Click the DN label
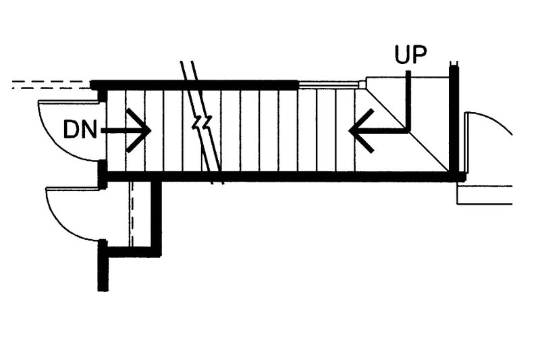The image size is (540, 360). click(x=80, y=130)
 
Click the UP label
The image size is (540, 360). click(x=411, y=54)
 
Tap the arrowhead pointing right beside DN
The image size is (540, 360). click(x=139, y=130)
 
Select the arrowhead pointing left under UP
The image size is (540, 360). click(x=361, y=130)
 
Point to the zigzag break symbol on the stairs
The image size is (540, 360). click(x=202, y=123)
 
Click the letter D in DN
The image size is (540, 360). click(x=71, y=130)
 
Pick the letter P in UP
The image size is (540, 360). click(x=420, y=54)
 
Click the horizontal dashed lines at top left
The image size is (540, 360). click(x=52, y=85)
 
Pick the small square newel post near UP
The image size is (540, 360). click(x=362, y=84)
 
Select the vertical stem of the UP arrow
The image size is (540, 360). click(x=408, y=101)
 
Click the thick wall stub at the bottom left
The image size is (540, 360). click(x=103, y=265)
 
